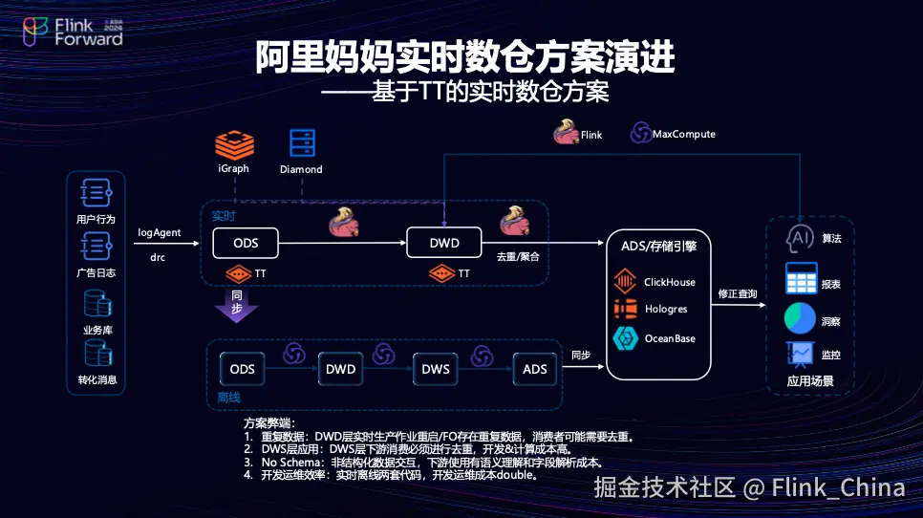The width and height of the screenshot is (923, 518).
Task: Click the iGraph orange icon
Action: click(x=233, y=143)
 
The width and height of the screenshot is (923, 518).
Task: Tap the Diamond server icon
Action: click(x=302, y=142)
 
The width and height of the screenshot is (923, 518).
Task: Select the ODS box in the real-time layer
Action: click(x=246, y=243)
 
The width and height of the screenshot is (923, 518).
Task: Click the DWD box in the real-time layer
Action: click(x=443, y=243)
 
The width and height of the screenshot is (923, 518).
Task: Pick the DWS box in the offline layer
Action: click(x=436, y=369)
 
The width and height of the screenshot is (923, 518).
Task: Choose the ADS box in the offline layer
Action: click(x=534, y=369)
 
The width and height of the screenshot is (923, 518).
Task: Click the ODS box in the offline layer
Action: click(x=243, y=369)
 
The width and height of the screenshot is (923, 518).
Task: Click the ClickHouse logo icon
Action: click(x=626, y=282)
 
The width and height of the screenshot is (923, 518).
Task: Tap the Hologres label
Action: click(x=665, y=310)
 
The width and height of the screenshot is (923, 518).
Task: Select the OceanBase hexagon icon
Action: click(x=626, y=338)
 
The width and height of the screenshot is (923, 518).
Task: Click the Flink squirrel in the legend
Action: click(x=566, y=133)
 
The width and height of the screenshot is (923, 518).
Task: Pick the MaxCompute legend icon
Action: click(x=639, y=134)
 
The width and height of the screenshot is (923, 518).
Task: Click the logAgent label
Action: click(x=160, y=232)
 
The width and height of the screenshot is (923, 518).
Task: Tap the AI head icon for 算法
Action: click(x=799, y=238)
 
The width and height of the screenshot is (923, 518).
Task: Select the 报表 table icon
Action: click(x=800, y=278)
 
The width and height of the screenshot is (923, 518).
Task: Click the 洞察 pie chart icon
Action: click(x=800, y=318)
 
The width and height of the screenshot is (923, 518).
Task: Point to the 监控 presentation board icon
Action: click(x=799, y=355)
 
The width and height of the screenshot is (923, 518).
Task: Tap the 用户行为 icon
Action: click(x=97, y=194)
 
